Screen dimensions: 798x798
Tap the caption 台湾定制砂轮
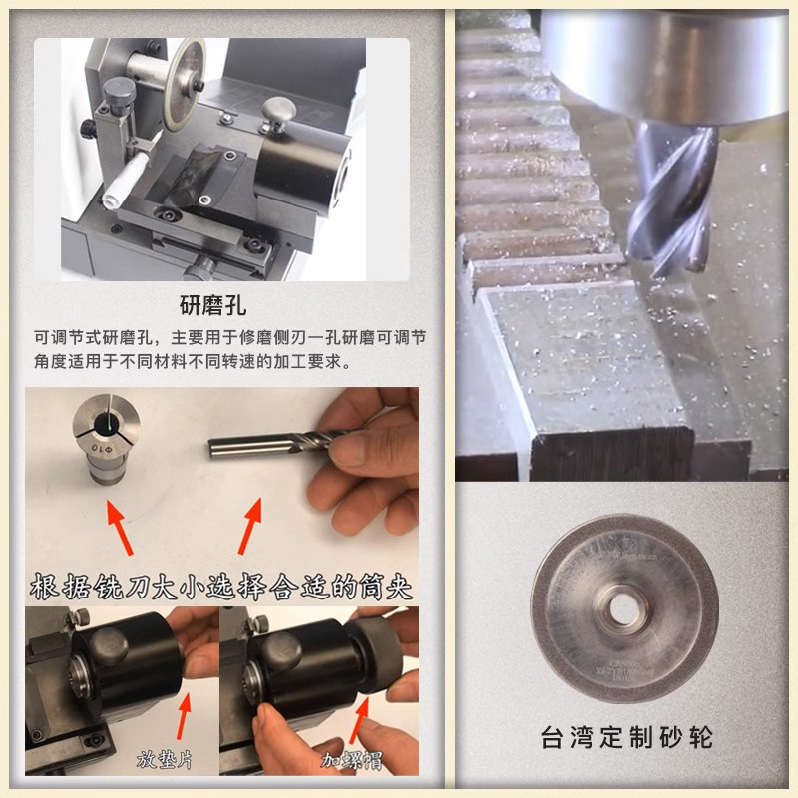pyautogui.click(x=626, y=739)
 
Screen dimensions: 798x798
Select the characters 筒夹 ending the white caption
pyautogui.click(x=384, y=586)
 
